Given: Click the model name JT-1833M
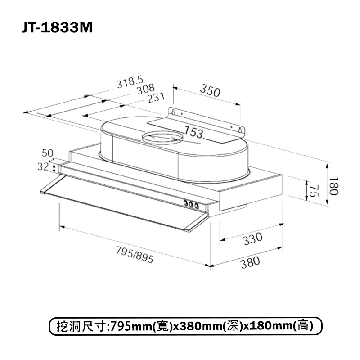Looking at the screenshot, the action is click(57, 28).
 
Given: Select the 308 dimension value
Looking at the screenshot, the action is click(146, 89).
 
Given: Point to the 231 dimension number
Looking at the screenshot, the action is click(156, 98).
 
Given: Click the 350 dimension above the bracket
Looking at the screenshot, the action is click(210, 90).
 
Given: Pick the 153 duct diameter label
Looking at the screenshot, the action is click(193, 132).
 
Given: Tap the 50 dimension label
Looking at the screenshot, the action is click(48, 153).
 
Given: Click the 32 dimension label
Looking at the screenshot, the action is click(43, 166).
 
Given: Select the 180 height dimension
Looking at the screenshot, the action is click(333, 185).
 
